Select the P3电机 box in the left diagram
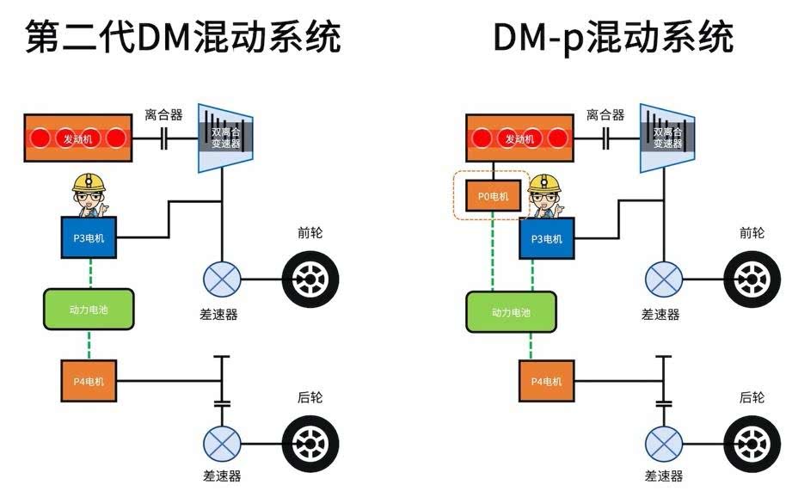tap(88, 238)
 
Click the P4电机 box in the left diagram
tap(88, 381)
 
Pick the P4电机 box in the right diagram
tap(546, 381)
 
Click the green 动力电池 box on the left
tap(89, 309)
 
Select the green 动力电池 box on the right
tap(512, 311)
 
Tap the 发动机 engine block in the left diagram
tap(78, 138)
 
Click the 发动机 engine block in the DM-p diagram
tap(519, 138)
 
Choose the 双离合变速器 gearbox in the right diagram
tap(666, 138)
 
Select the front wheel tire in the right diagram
tap(752, 280)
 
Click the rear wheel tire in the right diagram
tap(752, 444)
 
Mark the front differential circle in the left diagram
tap(222, 279)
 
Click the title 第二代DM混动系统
tap(182, 37)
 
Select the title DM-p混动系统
tap(613, 37)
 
